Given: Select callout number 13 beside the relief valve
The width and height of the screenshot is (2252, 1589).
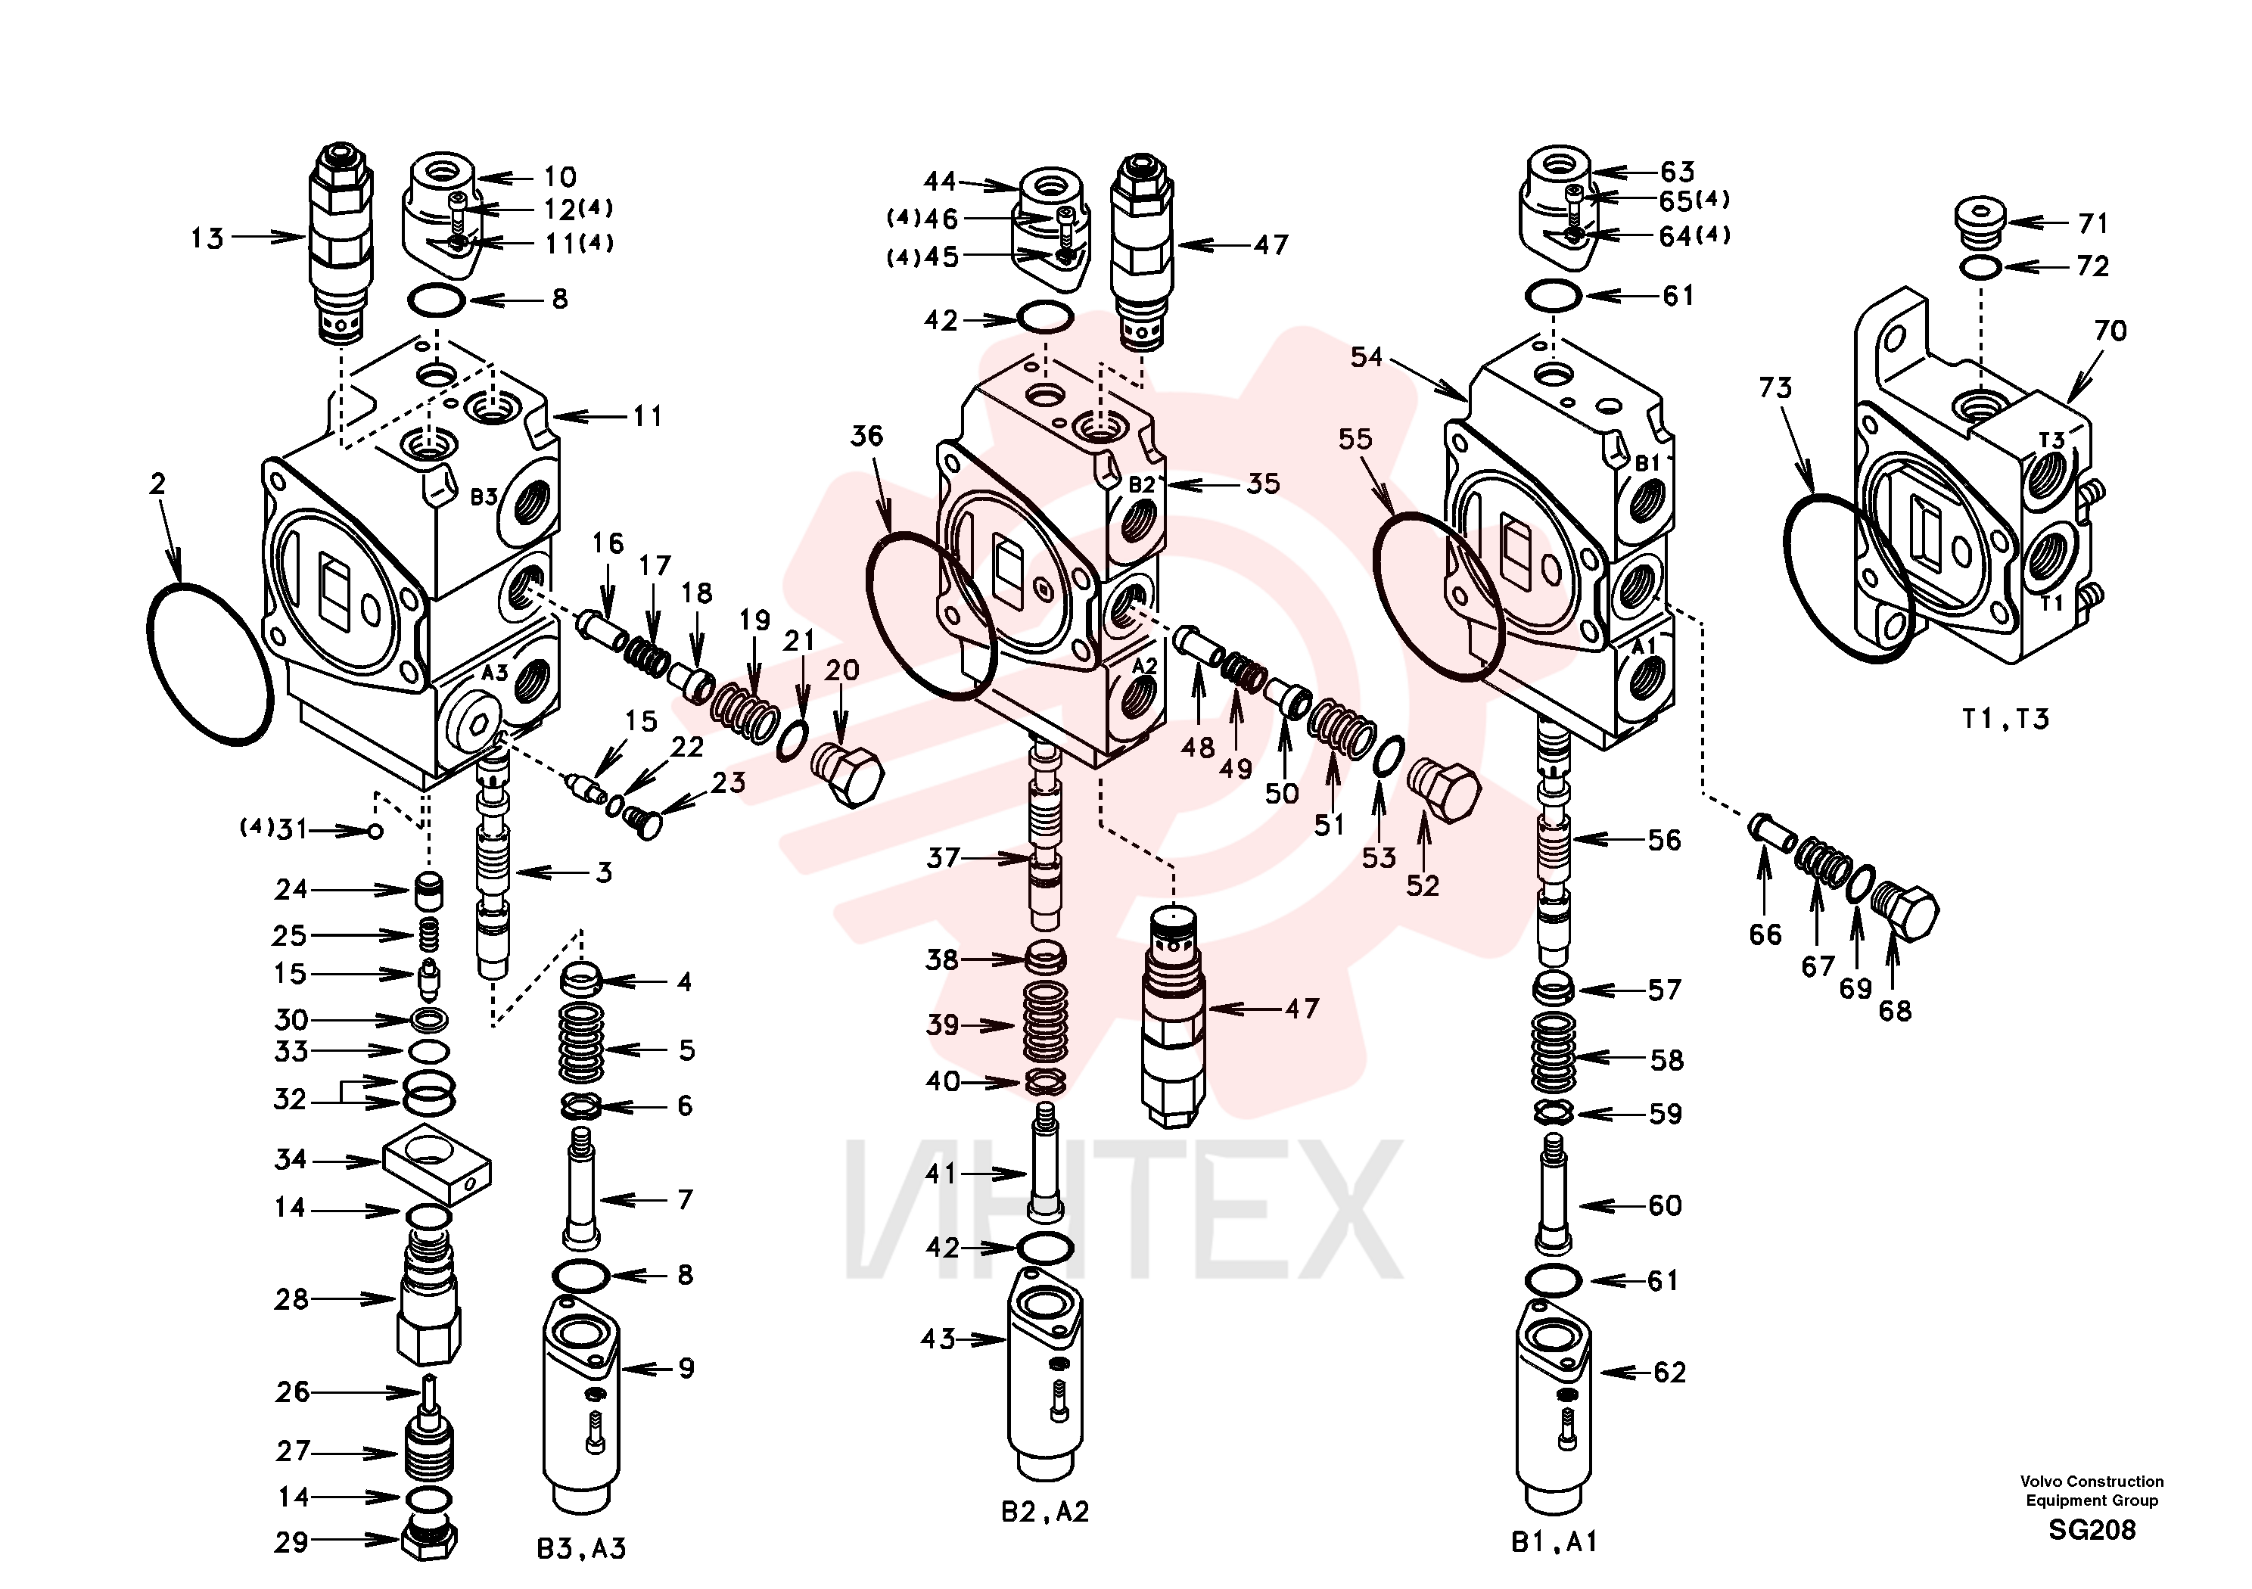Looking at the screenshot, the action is click(207, 238).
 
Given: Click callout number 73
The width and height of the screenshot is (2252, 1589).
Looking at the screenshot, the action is click(1775, 388).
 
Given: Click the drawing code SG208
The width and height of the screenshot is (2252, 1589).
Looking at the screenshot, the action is click(2091, 1530).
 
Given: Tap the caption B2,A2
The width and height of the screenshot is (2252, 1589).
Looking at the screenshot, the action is click(1044, 1512).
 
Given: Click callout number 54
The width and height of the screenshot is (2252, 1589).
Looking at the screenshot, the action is click(1367, 357).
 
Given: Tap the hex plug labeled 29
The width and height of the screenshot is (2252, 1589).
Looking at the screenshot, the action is click(428, 1543).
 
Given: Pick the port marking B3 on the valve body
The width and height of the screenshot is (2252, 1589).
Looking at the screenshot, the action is click(484, 497).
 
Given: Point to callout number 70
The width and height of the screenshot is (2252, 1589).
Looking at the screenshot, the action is click(2110, 331).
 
